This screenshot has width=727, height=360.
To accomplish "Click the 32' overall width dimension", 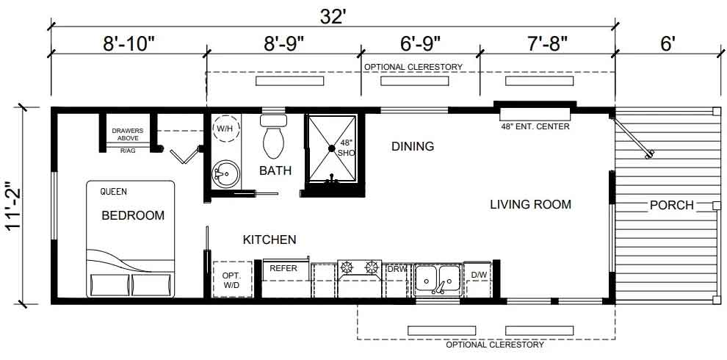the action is point(333,17).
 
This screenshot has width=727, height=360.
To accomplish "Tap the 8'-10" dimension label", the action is point(129,44).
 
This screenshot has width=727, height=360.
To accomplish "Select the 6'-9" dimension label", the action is point(420,44).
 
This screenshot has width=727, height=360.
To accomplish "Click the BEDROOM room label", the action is point(133,216).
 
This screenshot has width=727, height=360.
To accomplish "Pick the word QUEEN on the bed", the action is point(114,191).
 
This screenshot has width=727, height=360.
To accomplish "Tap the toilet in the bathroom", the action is point(274,137).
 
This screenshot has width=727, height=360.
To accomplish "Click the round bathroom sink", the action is point(225,174).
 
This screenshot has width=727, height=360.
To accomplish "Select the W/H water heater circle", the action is point(225,128).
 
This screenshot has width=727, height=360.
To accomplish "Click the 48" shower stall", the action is point(332,148).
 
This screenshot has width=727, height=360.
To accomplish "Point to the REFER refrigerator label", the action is point(283,268).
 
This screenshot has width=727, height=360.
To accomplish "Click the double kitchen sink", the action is point(438,280).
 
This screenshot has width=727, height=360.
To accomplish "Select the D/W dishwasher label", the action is point(479,275).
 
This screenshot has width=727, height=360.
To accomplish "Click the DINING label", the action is point(413,147).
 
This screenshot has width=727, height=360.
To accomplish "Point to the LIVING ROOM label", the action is point(530,204).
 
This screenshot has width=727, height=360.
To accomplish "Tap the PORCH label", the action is point(672,205).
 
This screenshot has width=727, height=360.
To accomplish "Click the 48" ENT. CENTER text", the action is point(535,126).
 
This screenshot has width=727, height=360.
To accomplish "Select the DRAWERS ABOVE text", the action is point(128,134).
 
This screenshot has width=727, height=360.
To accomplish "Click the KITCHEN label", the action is point(270,240).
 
